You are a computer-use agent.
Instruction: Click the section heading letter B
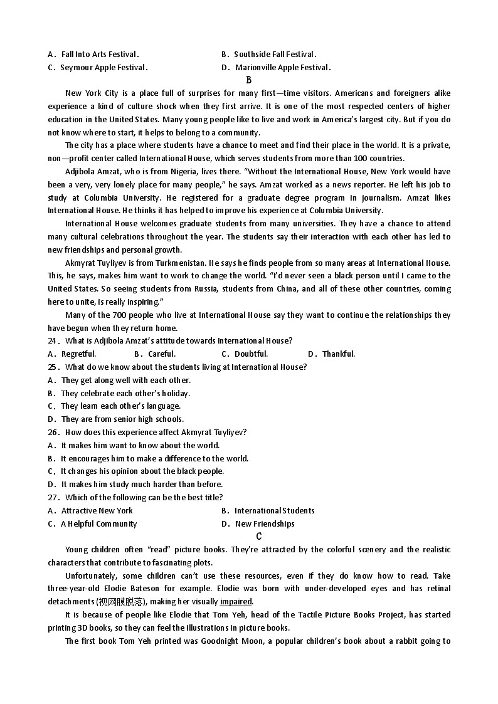249,80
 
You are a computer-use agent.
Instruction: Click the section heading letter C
258,536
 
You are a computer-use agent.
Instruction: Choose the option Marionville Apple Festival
282,68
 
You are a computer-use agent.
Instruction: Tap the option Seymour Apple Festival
103,68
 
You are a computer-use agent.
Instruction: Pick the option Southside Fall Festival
275,55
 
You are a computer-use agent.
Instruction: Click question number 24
53,341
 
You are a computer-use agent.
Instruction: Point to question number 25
53,367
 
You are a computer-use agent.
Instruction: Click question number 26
53,432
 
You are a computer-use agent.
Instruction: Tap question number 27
53,497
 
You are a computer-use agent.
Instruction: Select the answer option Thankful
339,354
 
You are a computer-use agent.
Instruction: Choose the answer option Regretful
78,354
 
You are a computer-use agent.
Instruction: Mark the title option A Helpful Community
98,524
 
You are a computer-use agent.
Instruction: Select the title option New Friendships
264,524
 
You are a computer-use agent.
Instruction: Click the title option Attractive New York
97,511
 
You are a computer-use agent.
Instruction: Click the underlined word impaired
236,602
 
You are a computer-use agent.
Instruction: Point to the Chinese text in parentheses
120,602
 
